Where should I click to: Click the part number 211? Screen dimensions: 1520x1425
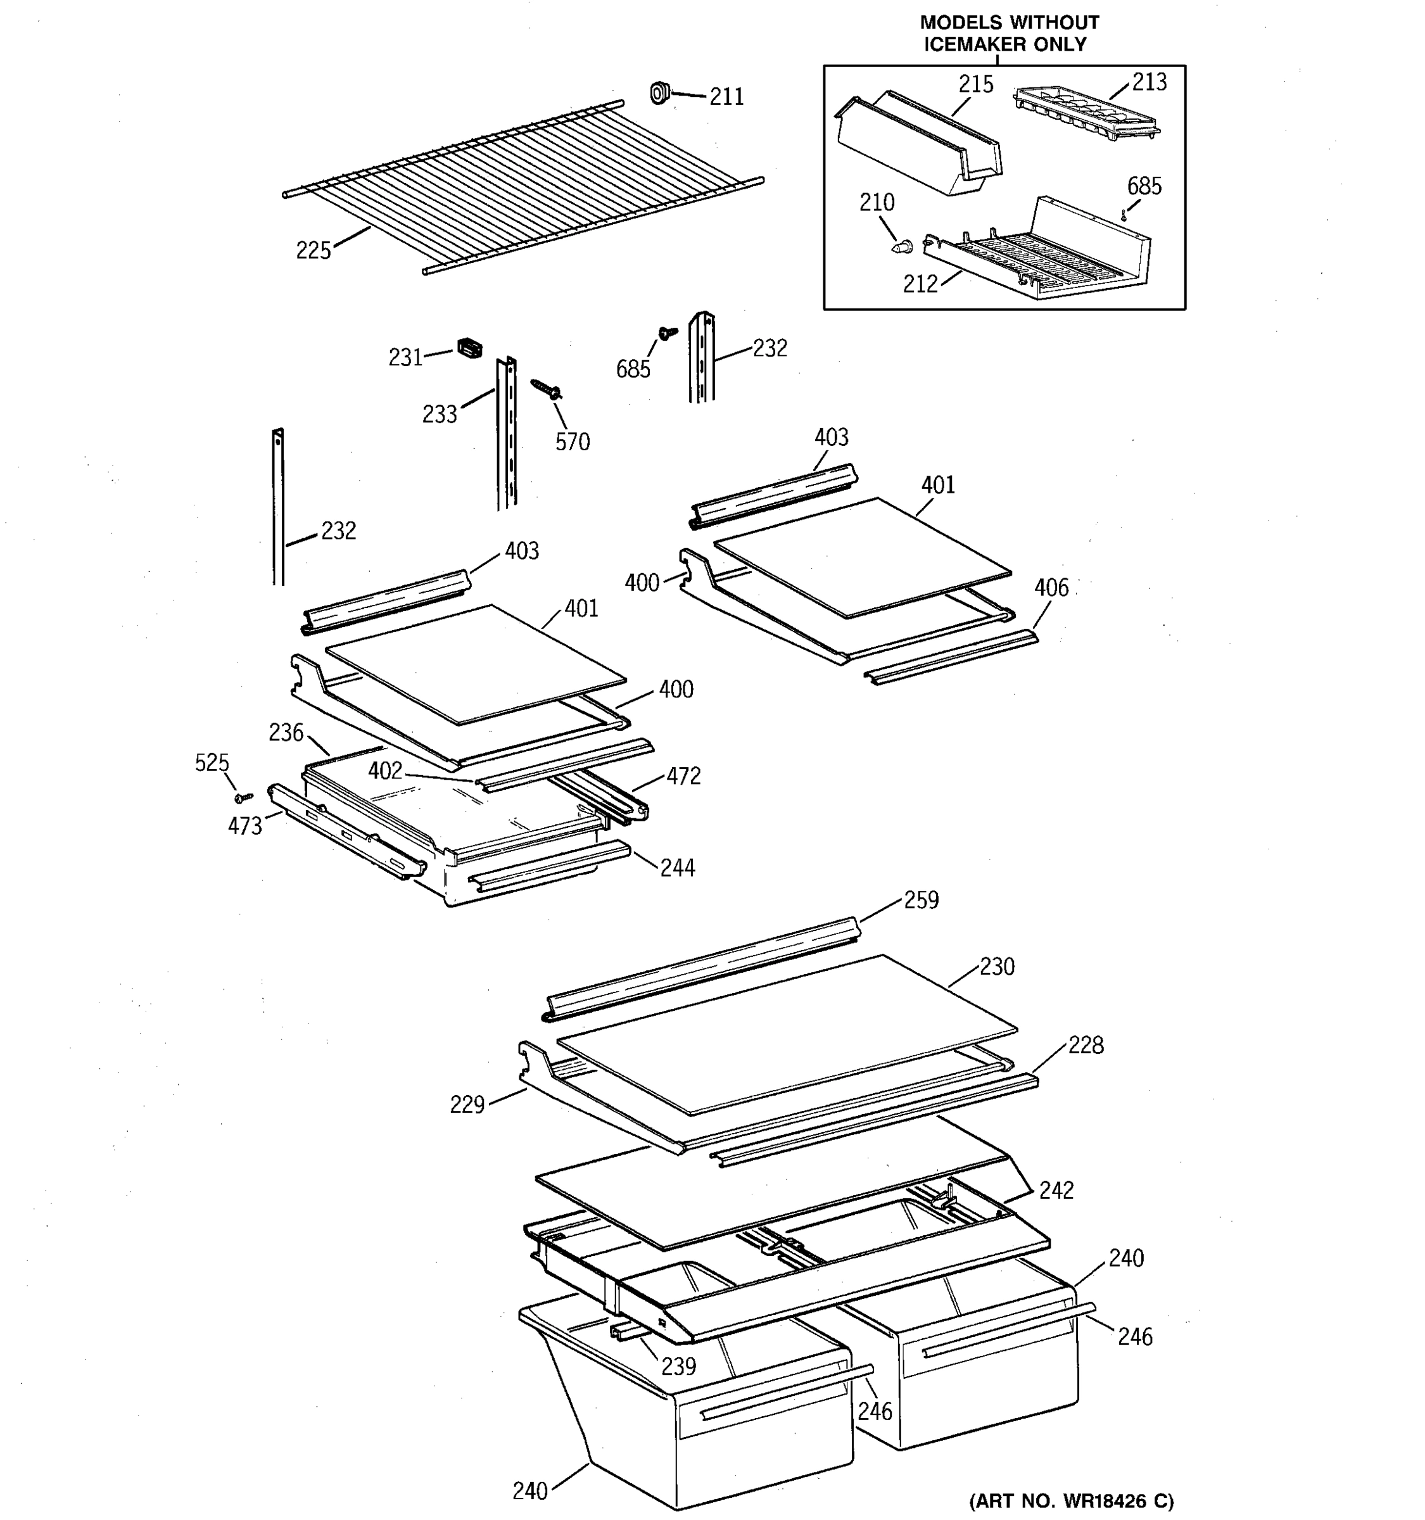[726, 97]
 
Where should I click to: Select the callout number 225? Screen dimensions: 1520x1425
[313, 250]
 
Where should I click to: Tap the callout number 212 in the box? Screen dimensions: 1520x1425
[920, 284]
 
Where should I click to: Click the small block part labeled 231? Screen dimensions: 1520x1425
[469, 348]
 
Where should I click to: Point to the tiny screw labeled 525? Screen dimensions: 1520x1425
[244, 797]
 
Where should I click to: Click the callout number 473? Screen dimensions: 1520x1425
[244, 826]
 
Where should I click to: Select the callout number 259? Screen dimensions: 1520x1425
[921, 900]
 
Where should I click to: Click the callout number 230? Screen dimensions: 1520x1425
[997, 966]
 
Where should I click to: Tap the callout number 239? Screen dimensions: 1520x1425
[679, 1365]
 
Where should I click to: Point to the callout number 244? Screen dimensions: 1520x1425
[677, 868]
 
